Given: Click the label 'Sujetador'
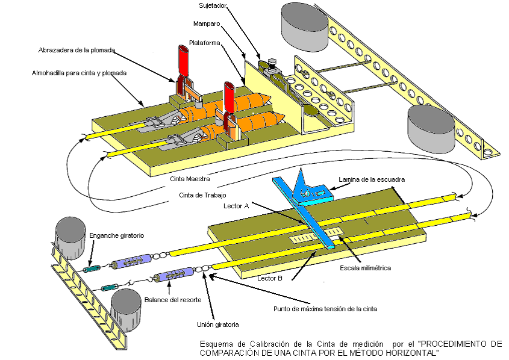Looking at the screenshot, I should tap(213, 5).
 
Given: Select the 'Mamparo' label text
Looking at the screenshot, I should tap(206, 25).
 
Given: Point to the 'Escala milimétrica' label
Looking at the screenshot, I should tap(366, 268).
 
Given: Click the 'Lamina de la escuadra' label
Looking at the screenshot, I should tap(371, 179).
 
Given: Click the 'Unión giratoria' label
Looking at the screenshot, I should tap(218, 324).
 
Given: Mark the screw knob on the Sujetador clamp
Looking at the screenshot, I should tap(270, 62).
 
